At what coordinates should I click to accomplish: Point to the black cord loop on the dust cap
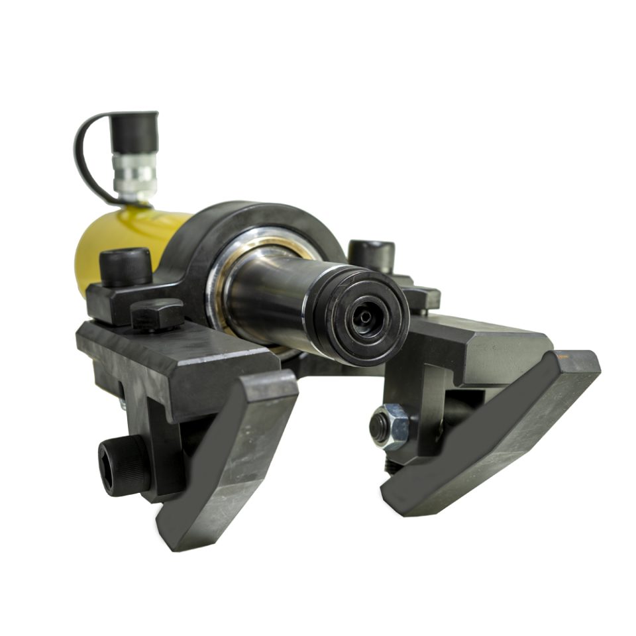(x=83, y=159)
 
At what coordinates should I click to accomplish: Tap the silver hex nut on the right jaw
(x=390, y=427)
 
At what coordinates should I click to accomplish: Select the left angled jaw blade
(x=225, y=464)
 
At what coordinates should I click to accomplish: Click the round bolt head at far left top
(x=125, y=265)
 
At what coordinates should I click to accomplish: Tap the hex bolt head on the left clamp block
(x=157, y=314)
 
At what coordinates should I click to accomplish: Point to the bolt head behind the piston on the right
(x=371, y=255)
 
